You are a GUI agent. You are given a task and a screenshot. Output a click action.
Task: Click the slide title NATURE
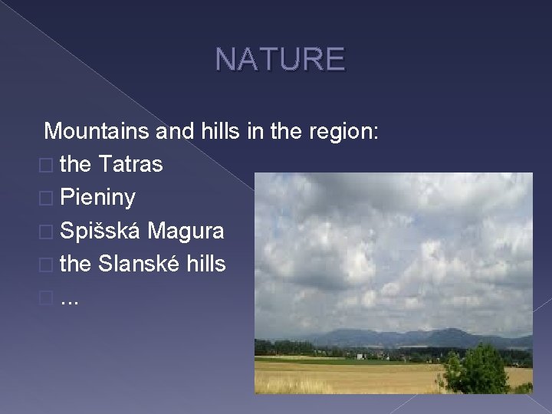click(280, 58)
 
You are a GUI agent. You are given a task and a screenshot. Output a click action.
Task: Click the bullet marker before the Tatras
click(49, 165)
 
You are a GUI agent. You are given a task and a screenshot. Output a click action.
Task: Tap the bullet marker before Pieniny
click(49, 198)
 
